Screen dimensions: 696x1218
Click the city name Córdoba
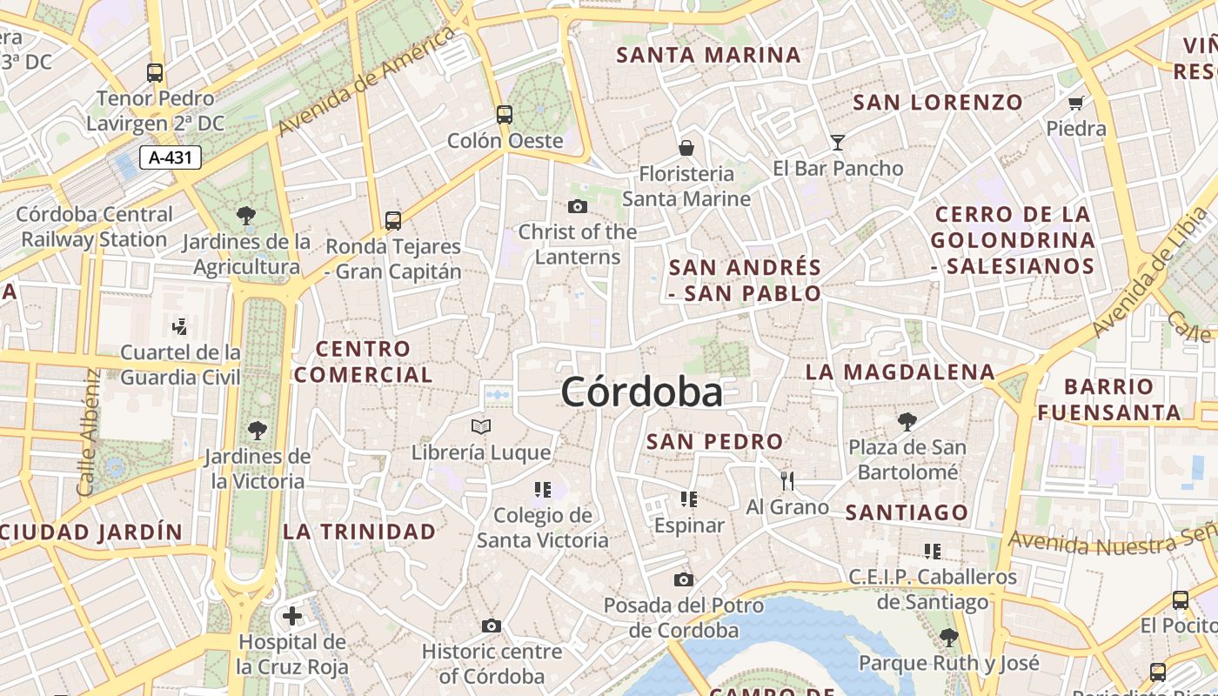tap(641, 392)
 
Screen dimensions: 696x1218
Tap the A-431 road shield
tap(171, 157)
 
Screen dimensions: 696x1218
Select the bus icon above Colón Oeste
tap(505, 114)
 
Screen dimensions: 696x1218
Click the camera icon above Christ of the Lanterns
tap(577, 207)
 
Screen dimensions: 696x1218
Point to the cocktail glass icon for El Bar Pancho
tap(837, 143)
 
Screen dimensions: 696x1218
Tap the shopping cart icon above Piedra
tap(1076, 103)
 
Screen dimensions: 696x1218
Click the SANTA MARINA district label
tap(708, 55)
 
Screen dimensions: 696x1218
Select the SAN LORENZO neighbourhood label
tap(938, 103)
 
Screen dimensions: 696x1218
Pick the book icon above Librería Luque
tap(481, 426)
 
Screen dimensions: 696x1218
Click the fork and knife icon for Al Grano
tap(787, 480)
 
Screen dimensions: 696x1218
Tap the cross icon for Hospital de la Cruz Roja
tap(292, 616)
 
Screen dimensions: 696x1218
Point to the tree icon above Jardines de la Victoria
tap(257, 430)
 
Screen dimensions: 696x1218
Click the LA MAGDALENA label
tap(900, 372)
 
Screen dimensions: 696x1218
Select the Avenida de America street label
tap(367, 81)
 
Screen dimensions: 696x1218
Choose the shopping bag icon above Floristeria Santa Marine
tap(686, 148)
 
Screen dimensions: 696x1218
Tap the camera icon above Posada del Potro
tap(684, 579)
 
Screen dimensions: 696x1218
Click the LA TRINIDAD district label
tap(359, 532)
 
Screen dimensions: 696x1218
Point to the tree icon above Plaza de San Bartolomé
tap(907, 422)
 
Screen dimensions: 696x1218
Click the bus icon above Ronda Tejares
tap(393, 221)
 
